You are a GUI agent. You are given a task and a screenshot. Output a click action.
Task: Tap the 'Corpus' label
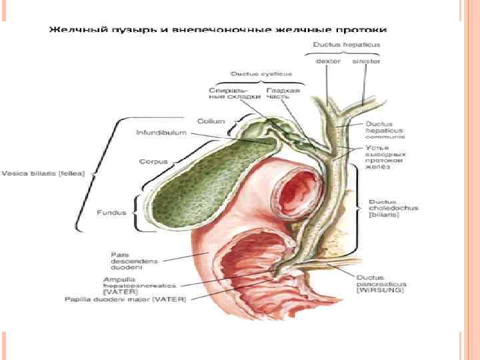153,161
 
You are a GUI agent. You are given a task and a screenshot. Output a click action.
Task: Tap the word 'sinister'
365,61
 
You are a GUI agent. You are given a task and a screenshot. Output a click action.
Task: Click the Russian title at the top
217,30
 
